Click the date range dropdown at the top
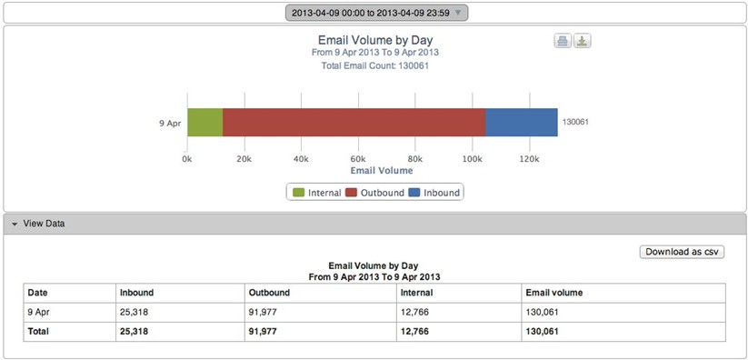click(x=376, y=13)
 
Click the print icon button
click(x=563, y=41)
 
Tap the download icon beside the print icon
click(x=583, y=41)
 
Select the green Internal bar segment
click(x=204, y=122)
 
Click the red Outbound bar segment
click(x=354, y=122)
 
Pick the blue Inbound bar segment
click(x=521, y=122)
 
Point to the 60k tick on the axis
click(x=358, y=158)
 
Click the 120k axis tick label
click(x=528, y=158)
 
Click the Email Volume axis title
click(x=381, y=170)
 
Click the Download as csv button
click(x=683, y=252)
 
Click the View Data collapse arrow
click(x=15, y=224)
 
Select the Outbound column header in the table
click(x=269, y=293)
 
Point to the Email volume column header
click(x=554, y=293)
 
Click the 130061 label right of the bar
click(x=577, y=122)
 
